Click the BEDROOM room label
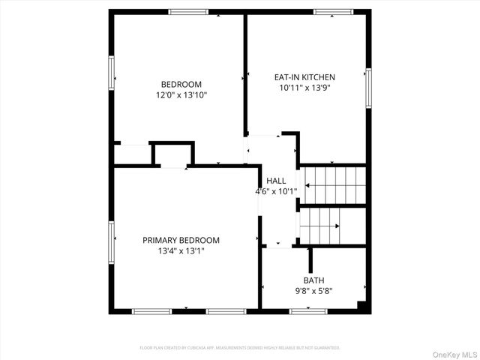[x=181, y=84]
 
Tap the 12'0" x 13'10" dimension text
[x=181, y=95]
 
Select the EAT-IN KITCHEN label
[x=304, y=76]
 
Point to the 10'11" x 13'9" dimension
[x=304, y=87]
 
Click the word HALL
[x=276, y=181]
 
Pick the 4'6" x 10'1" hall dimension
[x=276, y=191]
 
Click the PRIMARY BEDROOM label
[x=181, y=240]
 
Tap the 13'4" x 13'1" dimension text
[x=181, y=251]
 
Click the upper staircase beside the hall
[x=334, y=184]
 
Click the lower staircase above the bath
[x=320, y=222]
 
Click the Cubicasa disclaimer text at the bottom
[x=240, y=348]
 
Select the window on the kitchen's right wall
[x=367, y=87]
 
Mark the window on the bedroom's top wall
[x=188, y=12]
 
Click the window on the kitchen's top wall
[x=333, y=12]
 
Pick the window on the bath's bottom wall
[x=307, y=310]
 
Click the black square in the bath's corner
[x=363, y=305]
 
